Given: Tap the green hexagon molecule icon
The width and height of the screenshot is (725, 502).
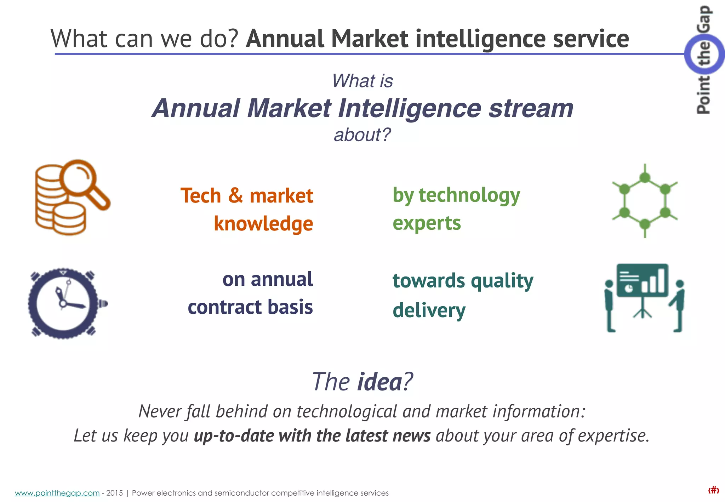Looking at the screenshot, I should tap(645, 201).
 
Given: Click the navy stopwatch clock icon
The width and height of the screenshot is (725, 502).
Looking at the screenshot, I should tap(63, 303).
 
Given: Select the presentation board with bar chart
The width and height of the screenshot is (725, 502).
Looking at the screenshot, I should tap(642, 280).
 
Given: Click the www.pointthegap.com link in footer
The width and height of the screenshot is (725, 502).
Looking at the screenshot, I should tap(57, 493).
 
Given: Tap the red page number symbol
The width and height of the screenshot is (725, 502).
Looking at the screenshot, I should tap(713, 490).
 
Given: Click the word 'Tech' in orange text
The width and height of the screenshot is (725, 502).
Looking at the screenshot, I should tap(201, 196).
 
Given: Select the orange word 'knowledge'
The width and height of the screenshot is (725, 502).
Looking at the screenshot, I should tap(263, 224).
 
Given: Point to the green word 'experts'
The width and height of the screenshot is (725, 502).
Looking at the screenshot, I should tap(427, 223).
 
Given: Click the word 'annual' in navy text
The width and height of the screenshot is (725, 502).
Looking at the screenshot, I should tap(282, 279).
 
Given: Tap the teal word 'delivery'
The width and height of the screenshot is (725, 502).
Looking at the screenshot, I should tap(429, 310).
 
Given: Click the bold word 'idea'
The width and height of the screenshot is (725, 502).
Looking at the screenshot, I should tap(379, 382).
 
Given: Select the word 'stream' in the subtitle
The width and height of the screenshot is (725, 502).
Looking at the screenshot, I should tap(531, 108).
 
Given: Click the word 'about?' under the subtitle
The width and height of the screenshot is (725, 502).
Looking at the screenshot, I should tap(362, 135).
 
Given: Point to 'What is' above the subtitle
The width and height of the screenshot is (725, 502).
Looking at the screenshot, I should tap(362, 81).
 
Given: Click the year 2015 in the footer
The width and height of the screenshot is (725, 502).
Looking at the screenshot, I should tap(114, 493).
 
